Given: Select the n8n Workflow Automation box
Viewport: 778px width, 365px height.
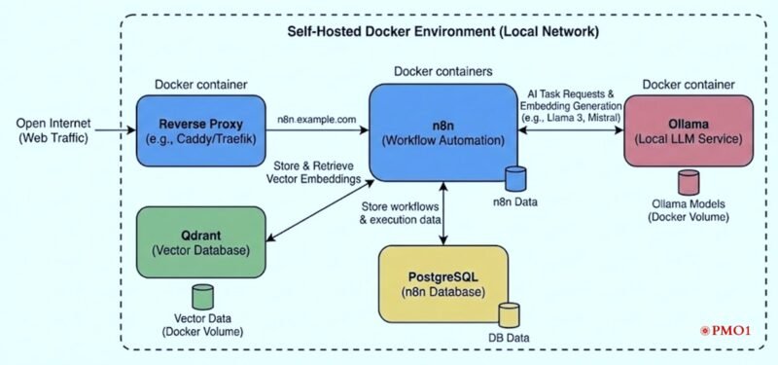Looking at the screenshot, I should (443, 131).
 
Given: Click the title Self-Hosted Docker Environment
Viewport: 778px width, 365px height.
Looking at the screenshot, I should (442, 31).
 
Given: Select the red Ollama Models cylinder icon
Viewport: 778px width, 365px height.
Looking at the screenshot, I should (689, 181).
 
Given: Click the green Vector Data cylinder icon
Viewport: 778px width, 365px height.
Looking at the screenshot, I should (203, 296).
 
